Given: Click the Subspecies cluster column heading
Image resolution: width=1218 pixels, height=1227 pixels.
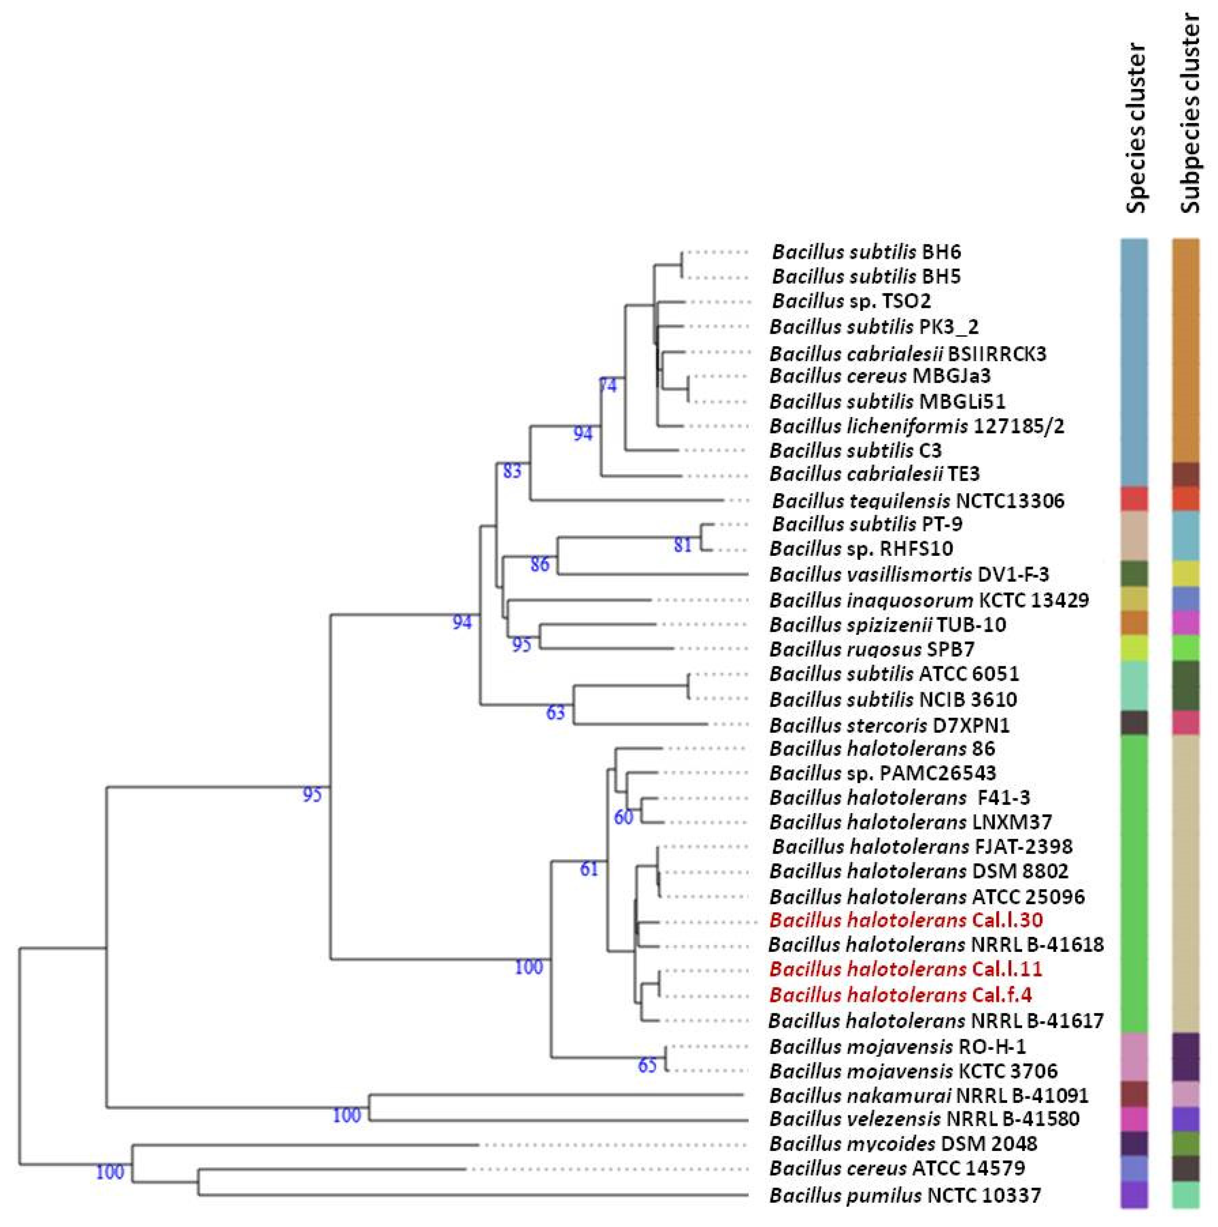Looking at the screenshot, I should (x=1186, y=114).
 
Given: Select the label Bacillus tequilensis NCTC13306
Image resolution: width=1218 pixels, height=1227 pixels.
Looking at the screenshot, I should (x=917, y=501).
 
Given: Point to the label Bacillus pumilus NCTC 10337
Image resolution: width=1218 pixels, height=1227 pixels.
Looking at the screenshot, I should (x=905, y=1196).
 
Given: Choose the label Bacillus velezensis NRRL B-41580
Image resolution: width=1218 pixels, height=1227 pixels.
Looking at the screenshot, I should (x=924, y=1119).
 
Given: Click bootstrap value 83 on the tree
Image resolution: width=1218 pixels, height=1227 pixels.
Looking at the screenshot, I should (x=512, y=471).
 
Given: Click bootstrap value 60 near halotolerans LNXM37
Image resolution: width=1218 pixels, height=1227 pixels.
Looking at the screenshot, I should (x=624, y=817).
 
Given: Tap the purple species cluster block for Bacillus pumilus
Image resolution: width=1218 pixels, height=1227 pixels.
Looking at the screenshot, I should (x=1134, y=1195).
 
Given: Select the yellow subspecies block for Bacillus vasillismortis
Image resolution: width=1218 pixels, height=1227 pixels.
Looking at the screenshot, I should (x=1186, y=574).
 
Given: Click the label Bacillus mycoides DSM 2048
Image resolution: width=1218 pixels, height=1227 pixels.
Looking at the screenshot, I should (x=903, y=1144).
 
